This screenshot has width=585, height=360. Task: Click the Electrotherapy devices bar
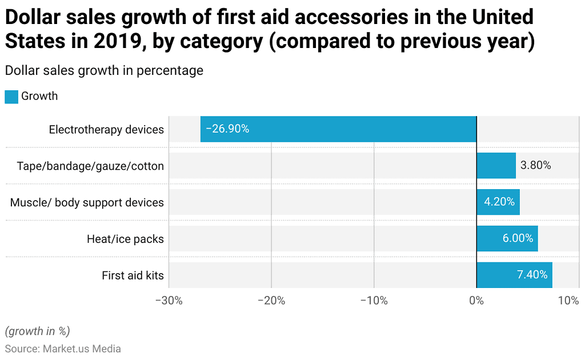click(x=338, y=129)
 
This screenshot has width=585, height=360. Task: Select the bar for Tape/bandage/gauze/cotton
click(x=496, y=166)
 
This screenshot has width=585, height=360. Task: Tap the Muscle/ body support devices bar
click(x=498, y=202)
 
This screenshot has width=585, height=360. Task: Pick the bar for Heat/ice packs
click(x=507, y=239)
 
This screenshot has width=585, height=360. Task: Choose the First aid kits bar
click(x=514, y=275)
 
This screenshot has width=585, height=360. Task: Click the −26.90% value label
click(x=227, y=129)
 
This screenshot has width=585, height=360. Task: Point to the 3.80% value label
click(x=535, y=166)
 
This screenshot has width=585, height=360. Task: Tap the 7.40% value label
click(x=532, y=275)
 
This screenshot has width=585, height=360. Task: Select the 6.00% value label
click(x=518, y=239)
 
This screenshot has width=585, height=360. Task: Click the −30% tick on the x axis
click(x=169, y=301)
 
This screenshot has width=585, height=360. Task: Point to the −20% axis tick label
click(x=271, y=301)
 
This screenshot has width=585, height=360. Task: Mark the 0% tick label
click(x=476, y=301)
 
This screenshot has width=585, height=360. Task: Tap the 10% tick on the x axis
click(x=568, y=301)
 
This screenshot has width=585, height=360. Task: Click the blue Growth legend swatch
click(x=11, y=97)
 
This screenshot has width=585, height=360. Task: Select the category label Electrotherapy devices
click(x=106, y=130)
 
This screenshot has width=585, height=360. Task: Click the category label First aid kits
click(x=133, y=275)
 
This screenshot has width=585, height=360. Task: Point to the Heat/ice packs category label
click(x=125, y=239)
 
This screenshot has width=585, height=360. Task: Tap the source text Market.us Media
click(x=82, y=349)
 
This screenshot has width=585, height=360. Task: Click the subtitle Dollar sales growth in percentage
click(x=103, y=71)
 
